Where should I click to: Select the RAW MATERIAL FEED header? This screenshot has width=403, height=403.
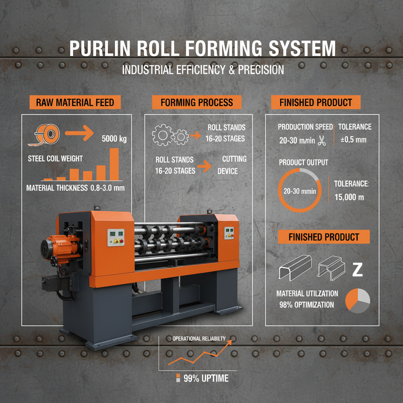(75, 103)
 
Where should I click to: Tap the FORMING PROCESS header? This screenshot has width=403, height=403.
(197, 103)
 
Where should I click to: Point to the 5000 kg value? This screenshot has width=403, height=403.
(114, 139)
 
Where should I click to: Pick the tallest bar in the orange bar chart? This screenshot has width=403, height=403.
(114, 164)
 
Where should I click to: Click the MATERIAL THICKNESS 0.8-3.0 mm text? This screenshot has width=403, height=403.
(75, 188)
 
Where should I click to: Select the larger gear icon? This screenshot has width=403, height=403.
(162, 136)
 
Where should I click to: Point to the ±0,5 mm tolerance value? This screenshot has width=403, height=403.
(353, 140)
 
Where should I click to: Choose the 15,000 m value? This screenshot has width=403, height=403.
(349, 197)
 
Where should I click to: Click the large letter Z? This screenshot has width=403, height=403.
(357, 270)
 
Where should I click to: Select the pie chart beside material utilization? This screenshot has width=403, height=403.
(357, 302)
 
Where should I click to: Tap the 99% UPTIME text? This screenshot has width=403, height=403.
(206, 379)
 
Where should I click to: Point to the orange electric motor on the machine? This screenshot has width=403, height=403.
(57, 247)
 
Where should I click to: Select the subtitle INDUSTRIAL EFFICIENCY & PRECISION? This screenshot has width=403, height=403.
(203, 70)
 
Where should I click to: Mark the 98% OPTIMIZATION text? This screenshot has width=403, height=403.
(305, 305)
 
